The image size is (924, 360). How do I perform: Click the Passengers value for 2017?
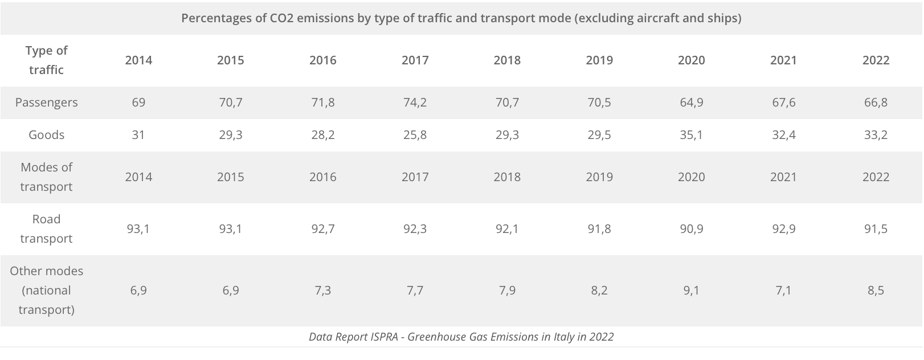click(x=415, y=103)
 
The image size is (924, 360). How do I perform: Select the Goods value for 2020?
click(x=691, y=135)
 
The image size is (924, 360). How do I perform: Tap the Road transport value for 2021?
click(x=783, y=229)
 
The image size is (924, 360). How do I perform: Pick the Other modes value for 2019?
click(x=599, y=291)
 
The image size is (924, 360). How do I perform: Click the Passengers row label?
click(x=46, y=103)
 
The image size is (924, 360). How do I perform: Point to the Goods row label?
click(x=46, y=135)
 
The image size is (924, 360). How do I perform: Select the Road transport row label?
click(x=46, y=229)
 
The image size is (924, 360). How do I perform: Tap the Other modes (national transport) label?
click(x=46, y=291)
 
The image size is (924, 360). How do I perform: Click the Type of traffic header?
click(x=46, y=60)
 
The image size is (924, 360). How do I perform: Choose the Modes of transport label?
click(x=46, y=177)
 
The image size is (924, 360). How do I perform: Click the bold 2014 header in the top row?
click(x=138, y=60)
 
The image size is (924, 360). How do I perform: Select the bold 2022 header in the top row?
click(x=876, y=60)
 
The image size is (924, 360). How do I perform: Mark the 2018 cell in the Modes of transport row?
click(x=507, y=177)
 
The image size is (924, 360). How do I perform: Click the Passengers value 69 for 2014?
click(x=138, y=103)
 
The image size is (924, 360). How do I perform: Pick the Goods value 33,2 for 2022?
click(x=876, y=135)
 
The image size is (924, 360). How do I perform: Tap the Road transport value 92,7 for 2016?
click(x=323, y=229)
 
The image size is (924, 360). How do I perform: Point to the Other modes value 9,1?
click(x=691, y=291)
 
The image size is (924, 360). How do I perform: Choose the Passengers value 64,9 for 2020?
click(x=691, y=103)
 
